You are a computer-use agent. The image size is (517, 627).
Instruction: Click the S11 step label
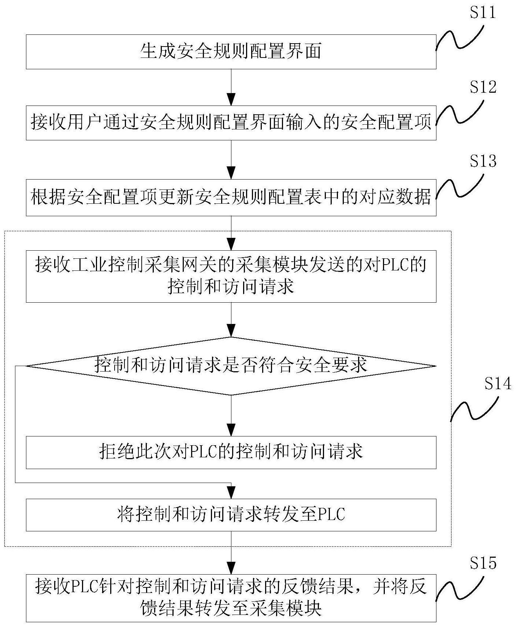click(483, 13)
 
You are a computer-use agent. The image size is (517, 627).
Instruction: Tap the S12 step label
click(483, 87)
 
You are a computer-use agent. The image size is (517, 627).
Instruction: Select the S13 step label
click(483, 161)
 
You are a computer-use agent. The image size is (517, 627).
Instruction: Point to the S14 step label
click(498, 384)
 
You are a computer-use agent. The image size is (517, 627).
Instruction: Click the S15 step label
click(483, 563)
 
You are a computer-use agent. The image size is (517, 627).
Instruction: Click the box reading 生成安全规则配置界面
click(231, 52)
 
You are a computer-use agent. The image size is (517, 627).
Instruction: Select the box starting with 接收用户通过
click(231, 123)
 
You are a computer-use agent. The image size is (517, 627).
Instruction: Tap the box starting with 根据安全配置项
click(231, 198)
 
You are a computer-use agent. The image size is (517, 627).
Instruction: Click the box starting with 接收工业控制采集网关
click(231, 276)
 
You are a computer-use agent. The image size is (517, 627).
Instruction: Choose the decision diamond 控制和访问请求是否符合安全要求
click(231, 366)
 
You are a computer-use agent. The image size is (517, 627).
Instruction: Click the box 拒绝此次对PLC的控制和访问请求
click(231, 452)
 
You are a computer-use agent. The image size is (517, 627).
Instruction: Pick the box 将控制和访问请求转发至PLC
click(231, 514)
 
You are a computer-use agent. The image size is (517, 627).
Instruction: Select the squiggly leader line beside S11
click(460, 37)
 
